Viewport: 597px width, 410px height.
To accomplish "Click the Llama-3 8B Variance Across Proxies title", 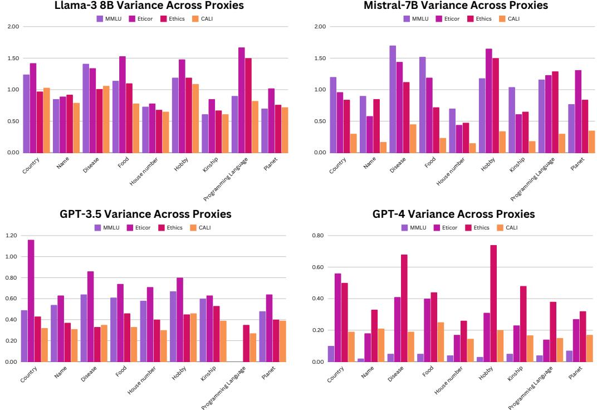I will click(x=149, y=6).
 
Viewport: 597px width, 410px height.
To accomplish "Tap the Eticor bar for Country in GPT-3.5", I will click(x=31, y=301).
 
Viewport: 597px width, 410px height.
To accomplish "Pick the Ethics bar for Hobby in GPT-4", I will click(x=493, y=303).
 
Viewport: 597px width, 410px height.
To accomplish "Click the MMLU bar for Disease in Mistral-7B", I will click(x=393, y=99).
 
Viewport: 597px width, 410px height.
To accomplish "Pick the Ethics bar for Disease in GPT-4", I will click(x=404, y=308).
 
